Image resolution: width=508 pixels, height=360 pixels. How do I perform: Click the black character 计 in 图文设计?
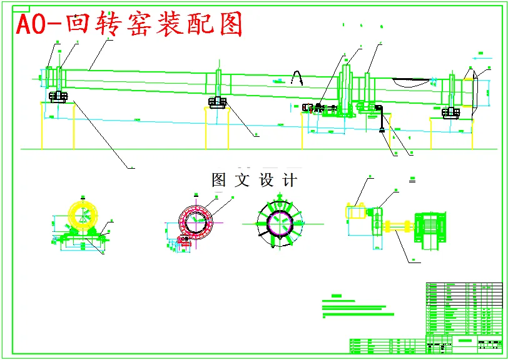pos(290,181)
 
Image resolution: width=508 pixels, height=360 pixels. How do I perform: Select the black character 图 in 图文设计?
pos(219,181)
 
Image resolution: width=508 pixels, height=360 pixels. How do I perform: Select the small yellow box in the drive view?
pos(355,213)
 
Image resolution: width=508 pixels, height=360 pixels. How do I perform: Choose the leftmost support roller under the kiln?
pos(58,97)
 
